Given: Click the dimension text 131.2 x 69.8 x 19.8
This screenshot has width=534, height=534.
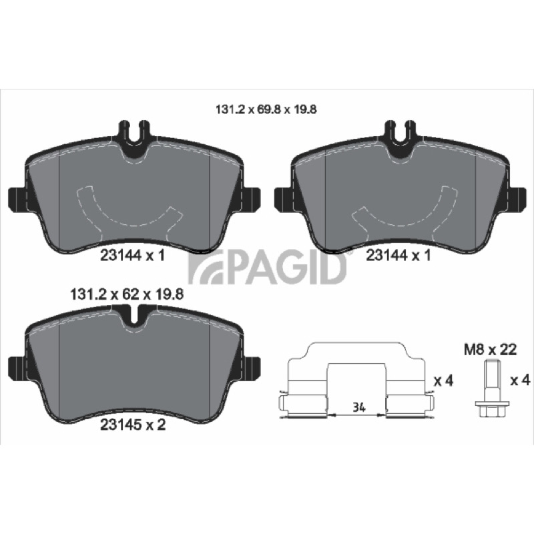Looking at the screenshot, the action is point(266,109).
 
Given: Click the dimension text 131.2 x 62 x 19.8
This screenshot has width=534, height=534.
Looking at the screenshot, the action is point(126,294).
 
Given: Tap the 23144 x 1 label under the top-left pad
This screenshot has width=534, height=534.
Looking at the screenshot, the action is point(133,256).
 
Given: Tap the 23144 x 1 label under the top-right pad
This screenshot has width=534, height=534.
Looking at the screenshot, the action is point(398,256).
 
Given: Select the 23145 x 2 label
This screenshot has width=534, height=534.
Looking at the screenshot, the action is point(133,425).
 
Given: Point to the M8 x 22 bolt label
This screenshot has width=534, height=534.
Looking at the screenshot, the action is point(491,350).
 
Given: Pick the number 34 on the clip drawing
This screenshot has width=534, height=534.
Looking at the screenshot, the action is point(359,407).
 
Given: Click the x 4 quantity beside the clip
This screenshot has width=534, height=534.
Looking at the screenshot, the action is point(443,381).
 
